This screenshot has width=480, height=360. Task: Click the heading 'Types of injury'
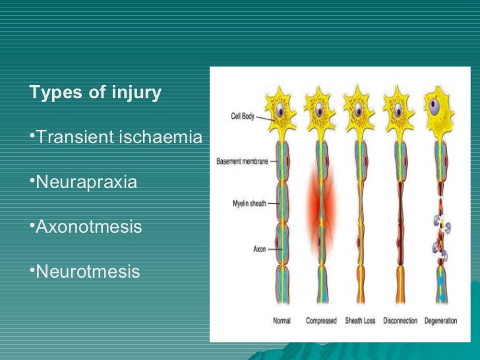point(96,93)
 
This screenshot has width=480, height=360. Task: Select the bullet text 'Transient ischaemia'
point(117,137)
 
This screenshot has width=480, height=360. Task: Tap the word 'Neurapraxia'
point(86,181)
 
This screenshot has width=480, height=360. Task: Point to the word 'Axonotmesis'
point(88,226)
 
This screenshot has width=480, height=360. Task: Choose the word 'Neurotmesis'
point(87,271)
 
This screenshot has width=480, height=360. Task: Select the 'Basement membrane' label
point(242,162)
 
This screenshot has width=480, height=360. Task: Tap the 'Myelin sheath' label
point(248,204)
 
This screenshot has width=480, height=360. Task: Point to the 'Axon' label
point(259,249)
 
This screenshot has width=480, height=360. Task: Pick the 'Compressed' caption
point(322,321)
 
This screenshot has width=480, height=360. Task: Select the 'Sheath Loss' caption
point(360,321)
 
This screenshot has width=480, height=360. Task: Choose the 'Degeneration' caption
point(442,321)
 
